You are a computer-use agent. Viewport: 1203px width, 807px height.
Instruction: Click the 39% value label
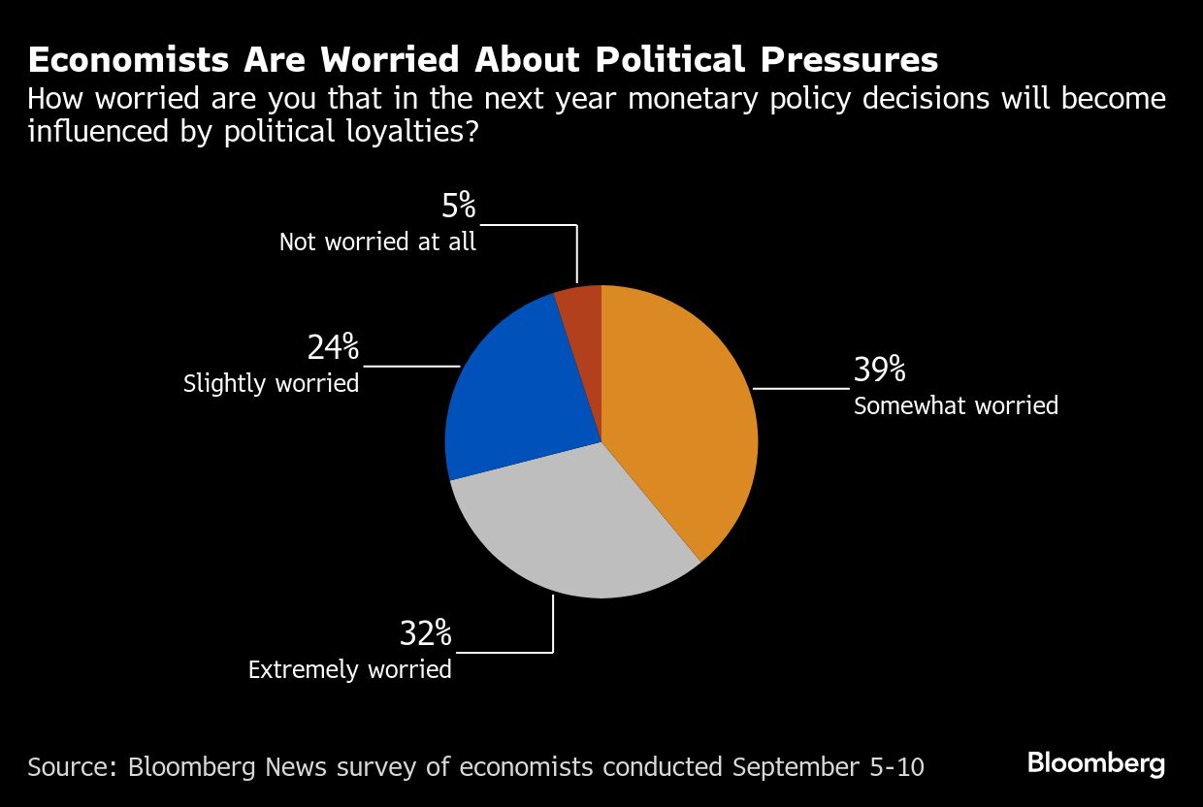(x=879, y=371)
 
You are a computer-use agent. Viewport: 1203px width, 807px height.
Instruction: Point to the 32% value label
(x=425, y=634)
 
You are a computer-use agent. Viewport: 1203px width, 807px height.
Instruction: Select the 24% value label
(x=333, y=347)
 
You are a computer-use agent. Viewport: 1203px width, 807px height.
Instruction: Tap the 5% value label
(x=457, y=206)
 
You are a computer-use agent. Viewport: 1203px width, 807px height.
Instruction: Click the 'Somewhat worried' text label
(x=956, y=405)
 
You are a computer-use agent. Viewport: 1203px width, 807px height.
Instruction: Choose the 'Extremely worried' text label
(x=350, y=669)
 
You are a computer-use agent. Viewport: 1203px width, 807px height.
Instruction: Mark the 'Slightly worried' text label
(x=272, y=383)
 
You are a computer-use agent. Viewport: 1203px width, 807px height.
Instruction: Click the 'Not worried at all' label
(x=377, y=242)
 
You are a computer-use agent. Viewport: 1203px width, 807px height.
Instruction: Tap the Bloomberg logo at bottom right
(x=1096, y=763)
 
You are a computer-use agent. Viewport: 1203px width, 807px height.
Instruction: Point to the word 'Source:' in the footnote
(x=69, y=766)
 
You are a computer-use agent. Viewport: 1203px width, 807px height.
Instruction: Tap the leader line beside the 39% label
(x=800, y=388)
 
